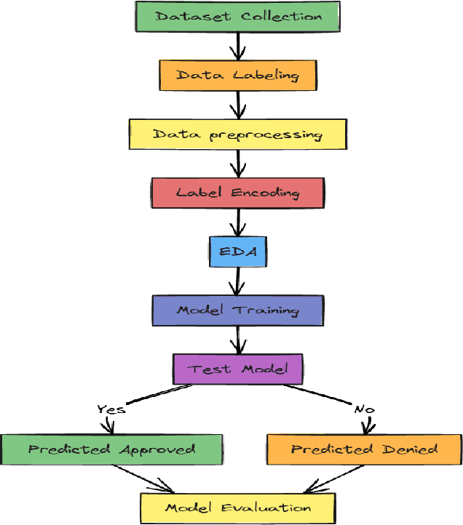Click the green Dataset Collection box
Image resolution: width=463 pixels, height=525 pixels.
pos(237,16)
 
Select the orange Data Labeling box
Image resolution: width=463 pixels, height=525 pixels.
pos(237,75)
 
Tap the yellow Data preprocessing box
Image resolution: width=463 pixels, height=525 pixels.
pos(237,135)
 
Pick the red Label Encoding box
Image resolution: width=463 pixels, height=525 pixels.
pos(237,193)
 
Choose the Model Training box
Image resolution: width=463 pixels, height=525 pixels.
pos(237,310)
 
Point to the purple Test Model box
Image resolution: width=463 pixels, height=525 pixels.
pos(237,369)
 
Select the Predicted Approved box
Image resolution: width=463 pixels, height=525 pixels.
pos(111,449)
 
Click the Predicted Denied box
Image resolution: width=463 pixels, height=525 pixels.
pos(364,449)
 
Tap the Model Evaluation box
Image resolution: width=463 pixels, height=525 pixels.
pos(237,508)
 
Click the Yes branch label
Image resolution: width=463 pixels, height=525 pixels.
pos(111,409)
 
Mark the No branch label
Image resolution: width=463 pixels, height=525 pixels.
pos(363,409)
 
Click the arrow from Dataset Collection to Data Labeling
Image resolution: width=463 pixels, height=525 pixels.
pos(237,45)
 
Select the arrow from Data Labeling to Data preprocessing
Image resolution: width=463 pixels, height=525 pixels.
pos(237,105)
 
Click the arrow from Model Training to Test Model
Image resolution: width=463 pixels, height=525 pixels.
pos(237,340)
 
